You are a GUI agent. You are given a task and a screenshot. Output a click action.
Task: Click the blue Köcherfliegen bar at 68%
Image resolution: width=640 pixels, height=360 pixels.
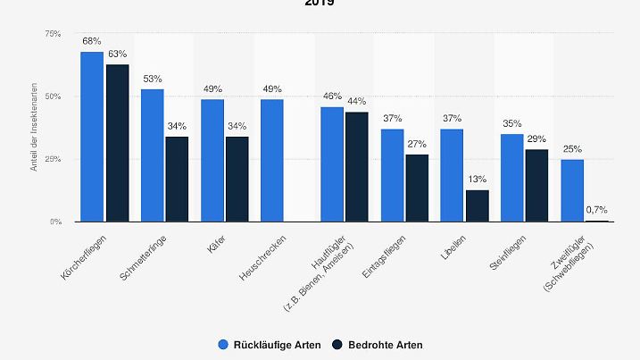coord(92,137)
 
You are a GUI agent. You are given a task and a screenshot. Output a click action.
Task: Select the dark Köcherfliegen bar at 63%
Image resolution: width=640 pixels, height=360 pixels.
coord(117,143)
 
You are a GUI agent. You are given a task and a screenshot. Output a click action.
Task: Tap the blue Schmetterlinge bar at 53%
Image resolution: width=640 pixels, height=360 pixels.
coord(152,155)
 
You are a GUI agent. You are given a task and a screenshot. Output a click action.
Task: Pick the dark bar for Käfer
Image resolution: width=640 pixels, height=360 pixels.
coord(237,179)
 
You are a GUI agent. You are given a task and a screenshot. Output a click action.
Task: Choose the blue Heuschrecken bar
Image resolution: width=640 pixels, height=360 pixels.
coord(272,160)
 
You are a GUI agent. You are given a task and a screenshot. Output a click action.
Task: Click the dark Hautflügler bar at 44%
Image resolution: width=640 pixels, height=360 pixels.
coord(357,166)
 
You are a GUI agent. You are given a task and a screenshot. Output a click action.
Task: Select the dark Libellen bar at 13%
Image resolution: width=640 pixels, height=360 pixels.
coord(478,205)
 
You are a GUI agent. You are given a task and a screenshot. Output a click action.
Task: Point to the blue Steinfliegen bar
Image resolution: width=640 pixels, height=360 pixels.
coord(511,178)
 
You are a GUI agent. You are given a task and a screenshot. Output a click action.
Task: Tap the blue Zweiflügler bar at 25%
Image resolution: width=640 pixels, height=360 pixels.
coord(572,190)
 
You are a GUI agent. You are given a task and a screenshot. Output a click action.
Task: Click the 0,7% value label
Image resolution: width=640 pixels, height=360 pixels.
coord(597,211)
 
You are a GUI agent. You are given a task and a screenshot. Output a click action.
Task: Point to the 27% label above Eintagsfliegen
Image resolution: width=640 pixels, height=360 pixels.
coord(417,145)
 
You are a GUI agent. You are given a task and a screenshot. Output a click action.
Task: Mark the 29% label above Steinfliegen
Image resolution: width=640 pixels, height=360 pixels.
coord(537,140)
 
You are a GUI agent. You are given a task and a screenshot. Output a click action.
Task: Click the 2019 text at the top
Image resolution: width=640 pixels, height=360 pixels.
coord(320,4)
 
